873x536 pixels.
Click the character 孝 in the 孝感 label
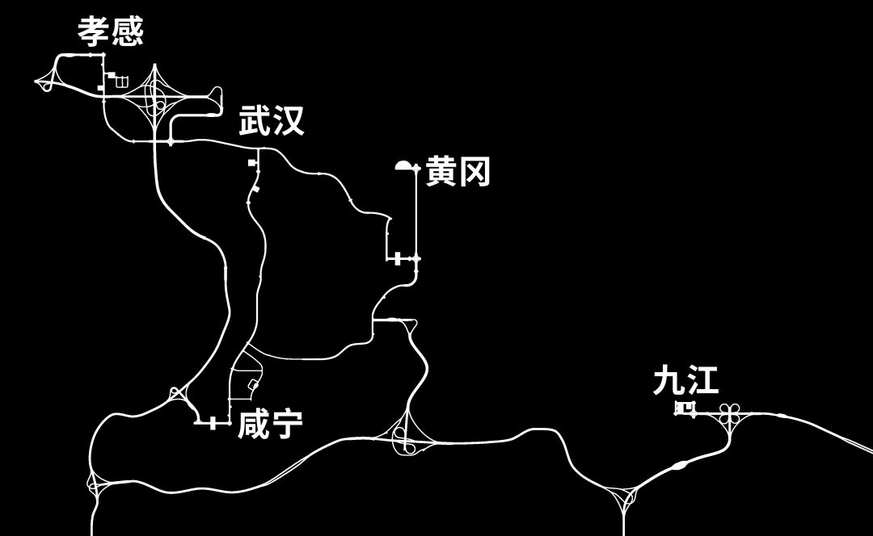tap(94, 32)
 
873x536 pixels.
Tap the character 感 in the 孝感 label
tap(127, 32)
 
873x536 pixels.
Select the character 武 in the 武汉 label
tap(255, 122)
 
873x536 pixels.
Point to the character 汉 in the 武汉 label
tap(289, 122)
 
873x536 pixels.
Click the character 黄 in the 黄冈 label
tap(441, 172)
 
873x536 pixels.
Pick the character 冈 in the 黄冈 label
tap(475, 172)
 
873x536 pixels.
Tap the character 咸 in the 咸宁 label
tap(253, 424)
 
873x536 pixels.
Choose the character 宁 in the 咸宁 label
tap(287, 424)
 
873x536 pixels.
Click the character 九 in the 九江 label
tap(668, 381)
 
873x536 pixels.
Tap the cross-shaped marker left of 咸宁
tap(213, 422)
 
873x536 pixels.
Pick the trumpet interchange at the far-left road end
tap(46, 81)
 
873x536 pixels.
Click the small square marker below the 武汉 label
tap(251, 163)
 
